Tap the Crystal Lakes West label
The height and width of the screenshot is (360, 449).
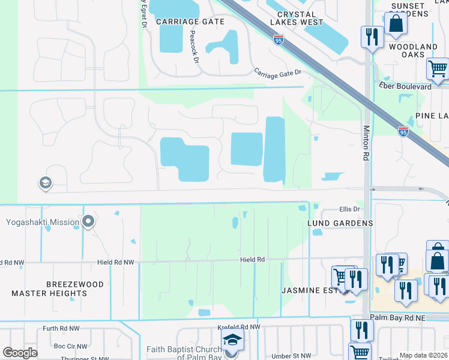[301, 18]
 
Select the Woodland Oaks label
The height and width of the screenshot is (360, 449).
[413, 51]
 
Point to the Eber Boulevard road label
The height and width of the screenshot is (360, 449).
[405, 86]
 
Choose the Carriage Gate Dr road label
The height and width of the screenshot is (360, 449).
[277, 72]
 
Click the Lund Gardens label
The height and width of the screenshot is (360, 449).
[340, 223]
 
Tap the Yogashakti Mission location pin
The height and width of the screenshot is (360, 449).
[89, 222]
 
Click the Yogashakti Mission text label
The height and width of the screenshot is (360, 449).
[43, 223]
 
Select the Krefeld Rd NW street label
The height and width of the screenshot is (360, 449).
[239, 328]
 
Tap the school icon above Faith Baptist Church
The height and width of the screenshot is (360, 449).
[232, 340]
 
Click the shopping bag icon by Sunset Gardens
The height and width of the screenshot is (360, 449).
[396, 25]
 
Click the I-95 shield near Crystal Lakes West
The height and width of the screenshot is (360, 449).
[279, 40]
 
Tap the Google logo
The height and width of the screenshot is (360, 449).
[20, 353]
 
